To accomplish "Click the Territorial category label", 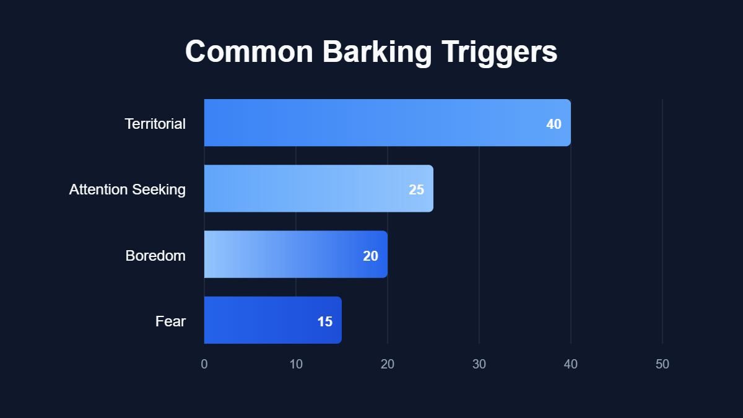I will click(x=155, y=124).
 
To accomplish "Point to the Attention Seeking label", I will click(x=127, y=189).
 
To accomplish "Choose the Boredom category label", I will click(x=155, y=255).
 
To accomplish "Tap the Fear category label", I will click(x=170, y=321).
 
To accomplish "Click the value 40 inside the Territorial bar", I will click(x=554, y=124).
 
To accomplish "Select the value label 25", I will click(x=416, y=189).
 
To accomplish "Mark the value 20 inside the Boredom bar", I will click(x=370, y=256).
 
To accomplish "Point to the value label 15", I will click(x=324, y=321).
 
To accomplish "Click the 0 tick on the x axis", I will click(x=204, y=364).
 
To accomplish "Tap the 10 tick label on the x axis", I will click(x=296, y=364).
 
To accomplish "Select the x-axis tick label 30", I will click(x=479, y=364).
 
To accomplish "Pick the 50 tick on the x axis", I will click(x=663, y=364).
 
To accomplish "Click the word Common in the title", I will click(x=249, y=52).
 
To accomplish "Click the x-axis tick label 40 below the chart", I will click(x=571, y=364).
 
